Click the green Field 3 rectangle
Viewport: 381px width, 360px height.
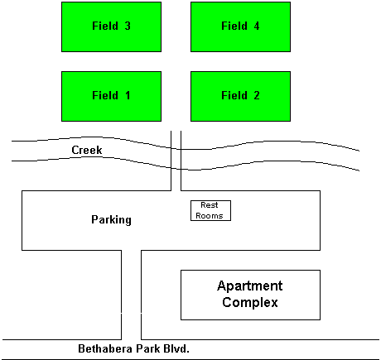point(111,26)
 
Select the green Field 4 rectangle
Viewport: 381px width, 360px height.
point(240,26)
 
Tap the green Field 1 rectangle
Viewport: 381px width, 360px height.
point(111,96)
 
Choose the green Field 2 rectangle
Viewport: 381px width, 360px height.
point(240,96)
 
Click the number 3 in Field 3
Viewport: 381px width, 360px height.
point(128,26)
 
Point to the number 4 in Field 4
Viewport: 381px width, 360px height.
point(257,26)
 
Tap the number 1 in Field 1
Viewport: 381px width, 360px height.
point(128,95)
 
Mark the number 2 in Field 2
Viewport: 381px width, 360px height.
point(257,95)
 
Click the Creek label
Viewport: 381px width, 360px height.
point(87,150)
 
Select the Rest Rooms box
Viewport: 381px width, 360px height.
point(210,210)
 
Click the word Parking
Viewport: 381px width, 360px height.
point(111,220)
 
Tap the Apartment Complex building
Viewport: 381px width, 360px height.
point(250,295)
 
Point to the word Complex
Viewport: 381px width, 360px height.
point(250,303)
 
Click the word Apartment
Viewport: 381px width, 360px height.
point(250,286)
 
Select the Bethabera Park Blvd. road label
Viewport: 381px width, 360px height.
point(133,348)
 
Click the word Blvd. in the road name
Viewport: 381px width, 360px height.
point(176,348)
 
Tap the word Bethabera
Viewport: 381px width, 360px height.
point(105,348)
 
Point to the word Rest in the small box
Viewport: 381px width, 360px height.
point(210,205)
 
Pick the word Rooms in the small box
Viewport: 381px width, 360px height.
point(210,215)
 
